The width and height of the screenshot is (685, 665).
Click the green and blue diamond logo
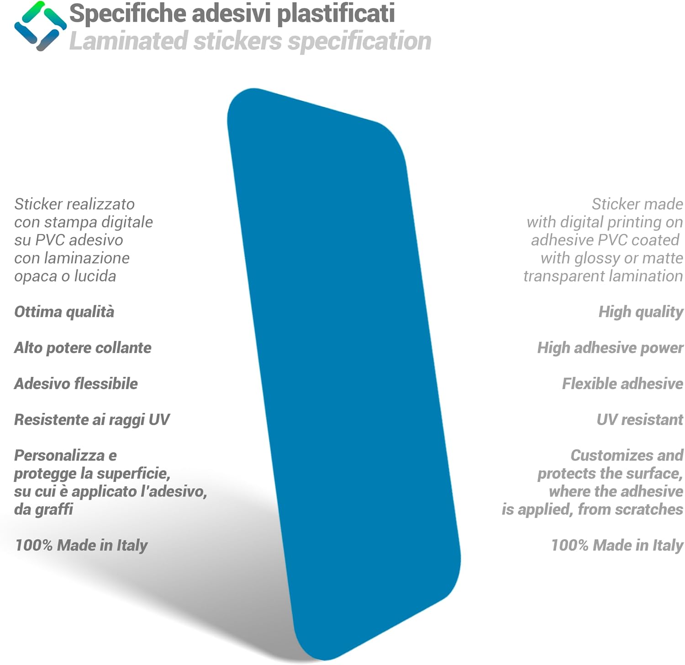(40, 26)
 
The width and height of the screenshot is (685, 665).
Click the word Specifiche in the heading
(127, 13)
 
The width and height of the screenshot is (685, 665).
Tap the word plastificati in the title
(336, 13)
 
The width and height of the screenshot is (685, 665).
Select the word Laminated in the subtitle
(128, 41)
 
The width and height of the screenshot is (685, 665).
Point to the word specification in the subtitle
(360, 42)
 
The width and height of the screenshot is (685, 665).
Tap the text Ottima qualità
(64, 311)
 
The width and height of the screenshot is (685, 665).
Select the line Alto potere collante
(83, 348)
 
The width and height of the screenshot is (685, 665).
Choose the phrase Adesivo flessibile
(76, 384)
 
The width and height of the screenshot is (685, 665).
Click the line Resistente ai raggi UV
(92, 420)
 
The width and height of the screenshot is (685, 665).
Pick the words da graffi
(43, 509)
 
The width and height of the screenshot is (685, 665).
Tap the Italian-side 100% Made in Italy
(81, 545)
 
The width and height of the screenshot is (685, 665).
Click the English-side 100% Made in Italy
(617, 545)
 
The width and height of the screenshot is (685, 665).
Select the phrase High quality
(641, 312)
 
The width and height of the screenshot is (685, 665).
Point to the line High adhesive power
(610, 348)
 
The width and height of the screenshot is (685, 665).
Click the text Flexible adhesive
(622, 384)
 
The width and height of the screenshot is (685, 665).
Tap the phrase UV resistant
(640, 420)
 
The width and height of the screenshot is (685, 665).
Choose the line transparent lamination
(603, 276)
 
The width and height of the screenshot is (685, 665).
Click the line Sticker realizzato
(74, 204)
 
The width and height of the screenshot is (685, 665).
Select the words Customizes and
(627, 455)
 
